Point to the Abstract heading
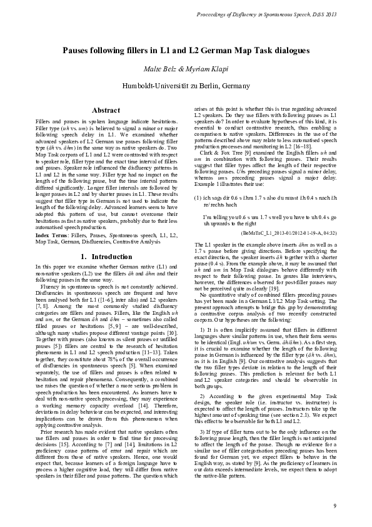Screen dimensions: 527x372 [x=106, y=110]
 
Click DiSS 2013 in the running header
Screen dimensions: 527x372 [x=322, y=13]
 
